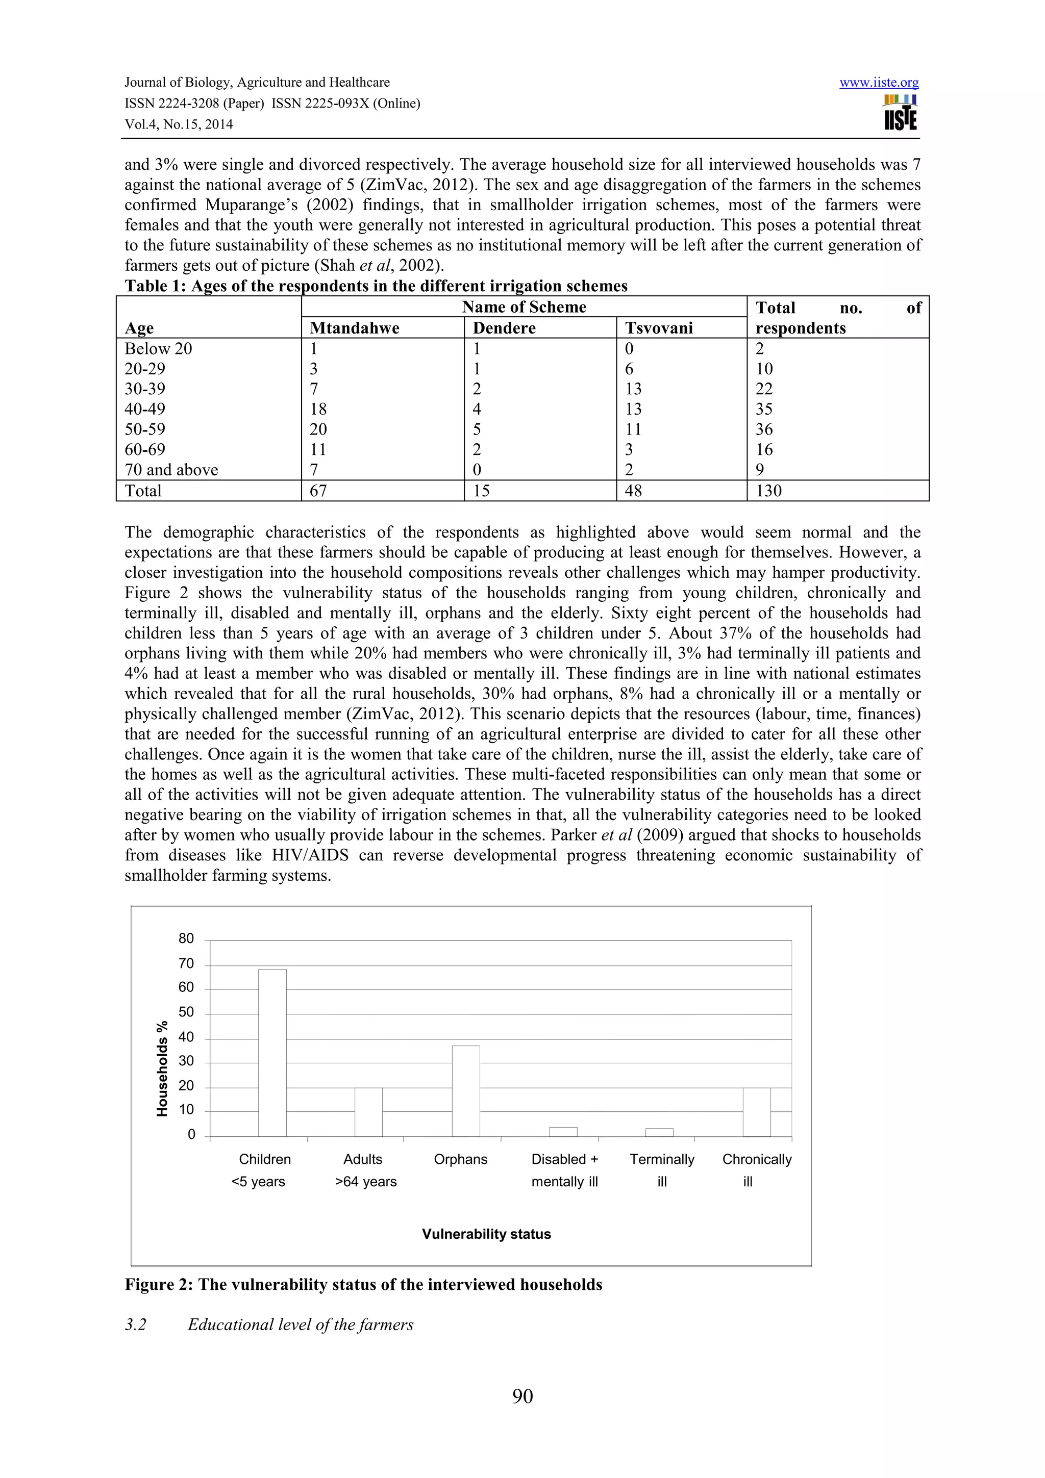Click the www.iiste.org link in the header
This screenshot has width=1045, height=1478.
pos(879,83)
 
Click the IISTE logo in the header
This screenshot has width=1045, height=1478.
pos(900,113)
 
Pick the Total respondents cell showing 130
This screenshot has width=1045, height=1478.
pos(769,491)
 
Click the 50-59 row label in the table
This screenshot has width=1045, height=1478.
pos(145,429)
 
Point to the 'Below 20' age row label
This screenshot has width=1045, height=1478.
pos(158,348)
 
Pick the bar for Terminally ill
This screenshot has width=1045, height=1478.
pos(659,1132)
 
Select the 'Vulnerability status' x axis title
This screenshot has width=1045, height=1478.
pos(486,1234)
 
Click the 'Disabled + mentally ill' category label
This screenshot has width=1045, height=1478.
pos(565,1170)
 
